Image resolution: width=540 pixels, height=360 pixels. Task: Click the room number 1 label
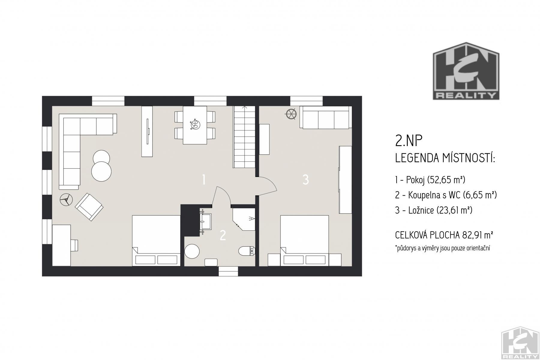pyautogui.click(x=204, y=180)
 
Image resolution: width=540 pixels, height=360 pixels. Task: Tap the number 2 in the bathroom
pyautogui.click(x=223, y=235)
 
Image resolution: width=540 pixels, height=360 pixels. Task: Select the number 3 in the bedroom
pyautogui.click(x=306, y=180)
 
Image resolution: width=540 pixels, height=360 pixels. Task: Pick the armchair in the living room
pyautogui.click(x=89, y=207)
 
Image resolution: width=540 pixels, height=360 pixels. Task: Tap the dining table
pyautogui.click(x=195, y=125)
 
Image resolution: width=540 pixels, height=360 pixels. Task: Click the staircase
pyautogui.click(x=244, y=137)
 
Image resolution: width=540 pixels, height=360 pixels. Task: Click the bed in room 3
pyautogui.click(x=304, y=241)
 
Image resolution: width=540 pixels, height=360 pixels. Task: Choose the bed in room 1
pyautogui.click(x=156, y=241)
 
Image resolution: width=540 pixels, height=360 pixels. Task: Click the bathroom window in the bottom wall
pyautogui.click(x=228, y=271)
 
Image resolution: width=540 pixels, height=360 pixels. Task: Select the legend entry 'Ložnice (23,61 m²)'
pyautogui.click(x=434, y=210)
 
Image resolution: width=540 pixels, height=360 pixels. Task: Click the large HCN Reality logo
pyautogui.click(x=466, y=71)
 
